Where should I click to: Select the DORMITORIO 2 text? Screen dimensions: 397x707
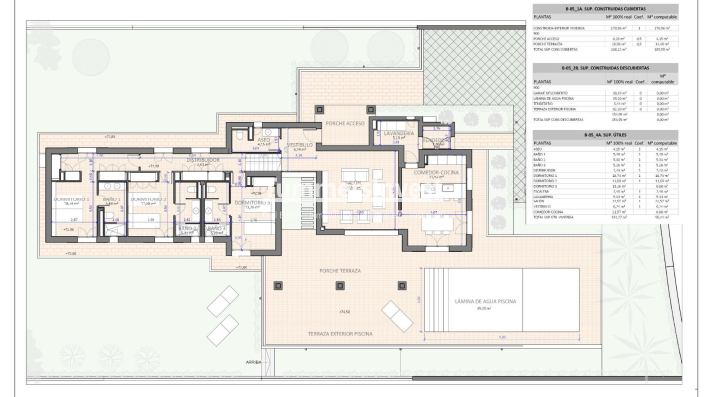149,198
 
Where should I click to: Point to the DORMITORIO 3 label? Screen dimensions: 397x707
251,202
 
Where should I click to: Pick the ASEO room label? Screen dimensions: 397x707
264,140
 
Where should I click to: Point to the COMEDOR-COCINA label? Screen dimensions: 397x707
434,172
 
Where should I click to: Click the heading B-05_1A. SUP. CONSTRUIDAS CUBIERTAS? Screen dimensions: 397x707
592,9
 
